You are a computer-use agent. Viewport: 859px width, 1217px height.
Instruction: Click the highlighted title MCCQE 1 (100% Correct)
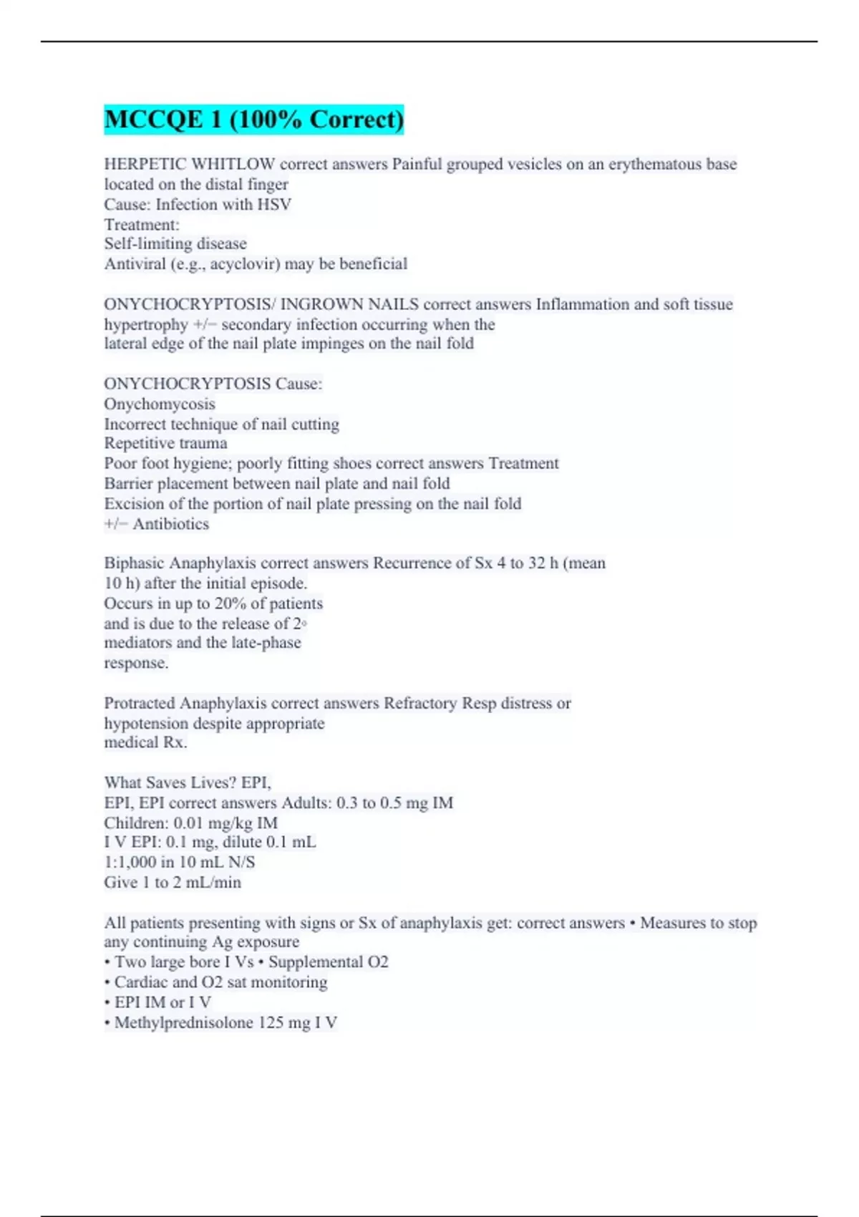(x=254, y=119)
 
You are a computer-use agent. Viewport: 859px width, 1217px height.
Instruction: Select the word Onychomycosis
(x=160, y=404)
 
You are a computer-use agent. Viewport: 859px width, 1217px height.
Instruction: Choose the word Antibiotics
(x=171, y=523)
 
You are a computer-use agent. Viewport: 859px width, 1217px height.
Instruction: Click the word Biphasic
(x=134, y=563)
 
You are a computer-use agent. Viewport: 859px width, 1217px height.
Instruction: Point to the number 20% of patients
(x=230, y=603)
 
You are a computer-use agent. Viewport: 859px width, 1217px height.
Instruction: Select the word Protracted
(x=140, y=703)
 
